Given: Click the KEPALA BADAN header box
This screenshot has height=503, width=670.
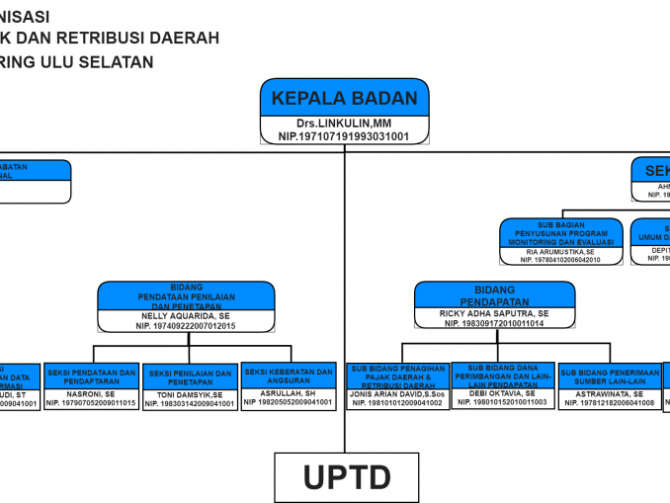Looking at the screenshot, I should click(345, 98).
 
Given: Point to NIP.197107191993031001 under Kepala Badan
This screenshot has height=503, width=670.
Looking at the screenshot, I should click(345, 135).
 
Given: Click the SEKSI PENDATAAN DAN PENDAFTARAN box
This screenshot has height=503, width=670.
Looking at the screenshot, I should click(92, 377).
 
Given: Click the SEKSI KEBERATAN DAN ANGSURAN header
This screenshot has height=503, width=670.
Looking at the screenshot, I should click(288, 377).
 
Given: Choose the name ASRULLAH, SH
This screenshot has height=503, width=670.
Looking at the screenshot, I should click(288, 393).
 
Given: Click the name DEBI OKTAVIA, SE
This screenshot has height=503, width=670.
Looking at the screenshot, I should click(503, 392).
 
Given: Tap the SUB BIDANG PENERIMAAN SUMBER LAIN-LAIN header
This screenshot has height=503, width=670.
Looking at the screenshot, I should click(609, 377).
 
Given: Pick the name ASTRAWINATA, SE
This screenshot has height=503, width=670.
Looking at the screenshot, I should click(609, 393).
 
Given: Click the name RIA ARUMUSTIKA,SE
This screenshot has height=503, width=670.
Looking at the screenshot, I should click(561, 252).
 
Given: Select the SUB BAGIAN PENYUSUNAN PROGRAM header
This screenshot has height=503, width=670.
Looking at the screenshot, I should click(561, 232).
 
